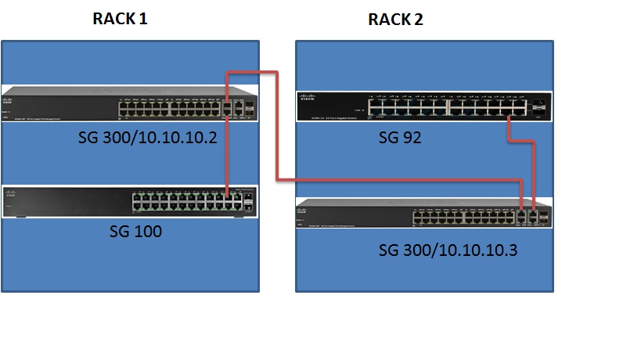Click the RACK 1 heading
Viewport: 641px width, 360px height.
tap(120, 20)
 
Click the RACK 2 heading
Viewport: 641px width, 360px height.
tap(395, 20)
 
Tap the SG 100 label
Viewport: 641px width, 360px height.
tap(135, 232)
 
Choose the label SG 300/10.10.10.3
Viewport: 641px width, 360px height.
tap(448, 250)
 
